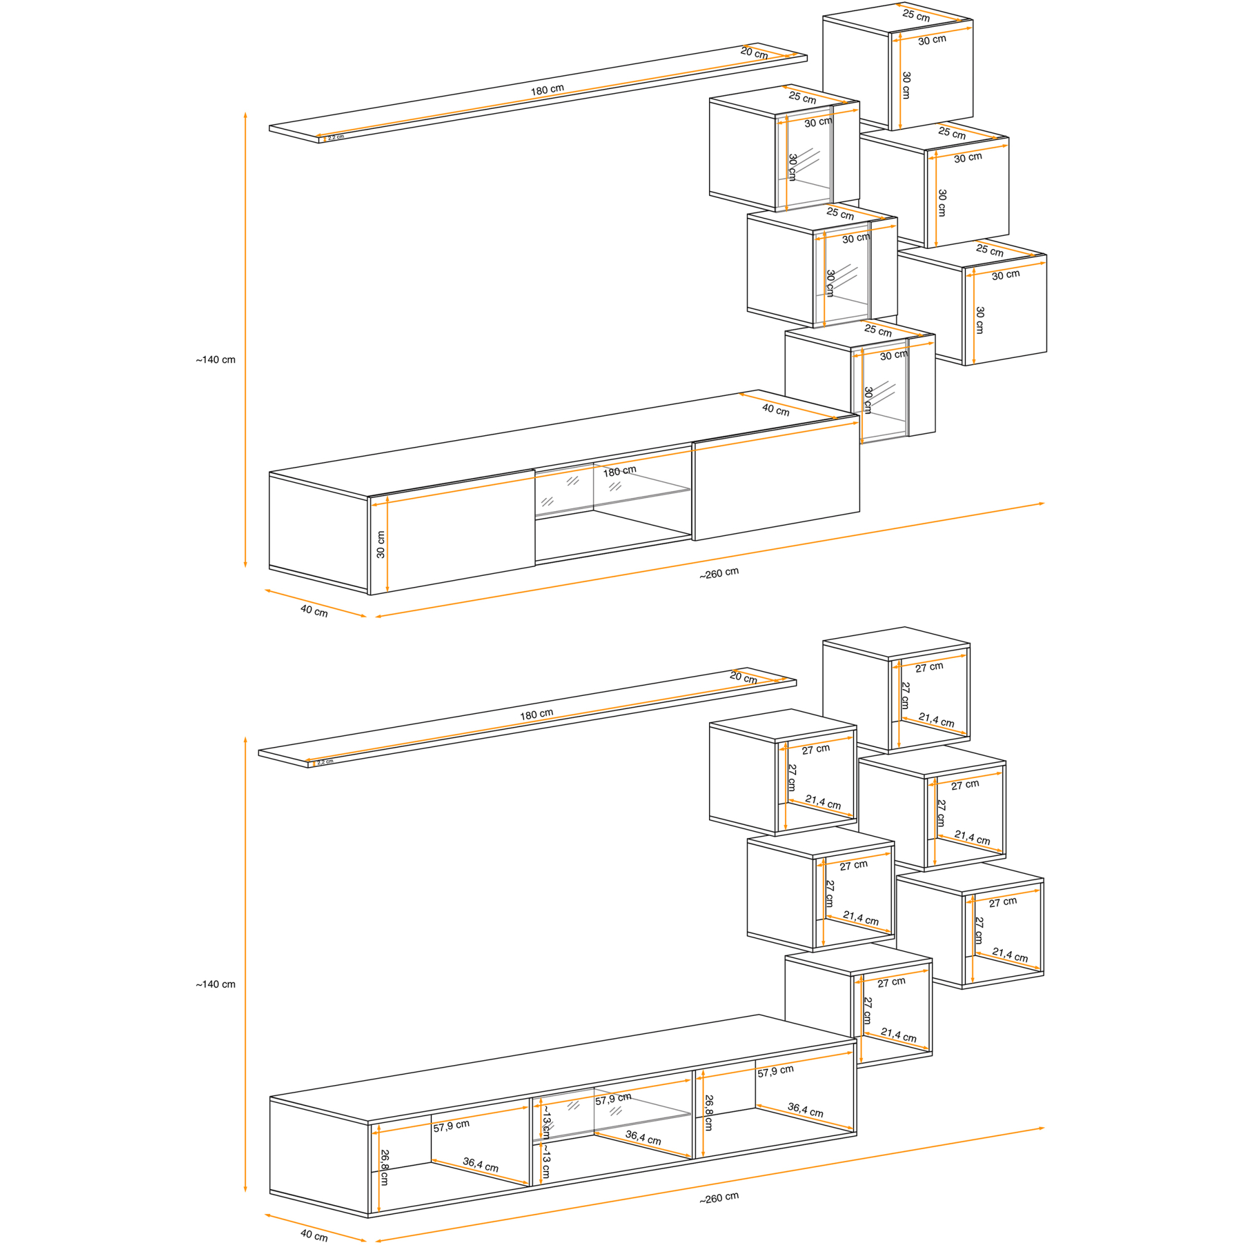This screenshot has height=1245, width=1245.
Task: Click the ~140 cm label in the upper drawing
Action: tap(215, 360)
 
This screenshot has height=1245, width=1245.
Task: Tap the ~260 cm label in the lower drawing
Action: tap(718, 1197)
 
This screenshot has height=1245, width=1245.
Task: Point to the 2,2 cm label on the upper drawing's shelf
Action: tap(336, 137)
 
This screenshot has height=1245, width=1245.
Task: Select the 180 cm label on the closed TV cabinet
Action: tap(619, 471)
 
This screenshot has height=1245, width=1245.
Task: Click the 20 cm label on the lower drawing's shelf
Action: tap(744, 677)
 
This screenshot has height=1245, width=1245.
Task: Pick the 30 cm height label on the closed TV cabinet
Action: tap(381, 545)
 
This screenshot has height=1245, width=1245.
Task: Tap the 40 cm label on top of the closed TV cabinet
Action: tap(776, 410)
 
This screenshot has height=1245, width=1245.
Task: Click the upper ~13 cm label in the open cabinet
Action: tap(546, 1123)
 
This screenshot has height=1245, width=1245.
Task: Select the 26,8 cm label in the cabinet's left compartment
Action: tap(384, 1167)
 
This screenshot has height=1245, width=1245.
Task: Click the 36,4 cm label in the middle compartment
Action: tap(643, 1137)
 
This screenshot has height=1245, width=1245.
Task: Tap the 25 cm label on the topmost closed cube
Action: tap(916, 15)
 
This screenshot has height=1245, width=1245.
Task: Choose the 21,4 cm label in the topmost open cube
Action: tap(936, 720)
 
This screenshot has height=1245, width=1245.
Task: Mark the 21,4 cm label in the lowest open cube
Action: tap(898, 1036)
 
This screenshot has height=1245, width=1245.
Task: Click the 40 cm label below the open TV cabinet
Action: tap(314, 1234)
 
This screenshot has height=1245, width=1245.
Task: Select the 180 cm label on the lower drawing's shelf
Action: tap(537, 714)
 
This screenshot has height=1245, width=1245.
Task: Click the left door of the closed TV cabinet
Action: tap(452, 533)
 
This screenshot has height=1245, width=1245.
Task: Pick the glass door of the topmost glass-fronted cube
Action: tap(804, 159)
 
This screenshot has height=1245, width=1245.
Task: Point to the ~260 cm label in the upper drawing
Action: tap(718, 573)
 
